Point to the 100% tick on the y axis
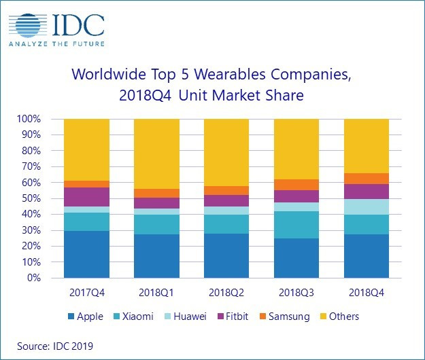coord(28,119)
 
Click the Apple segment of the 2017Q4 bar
coord(86,254)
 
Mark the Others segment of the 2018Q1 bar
coord(156,154)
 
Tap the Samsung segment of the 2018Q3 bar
coord(296,185)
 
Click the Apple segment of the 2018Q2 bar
coord(226,255)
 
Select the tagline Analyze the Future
coord(56,46)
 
